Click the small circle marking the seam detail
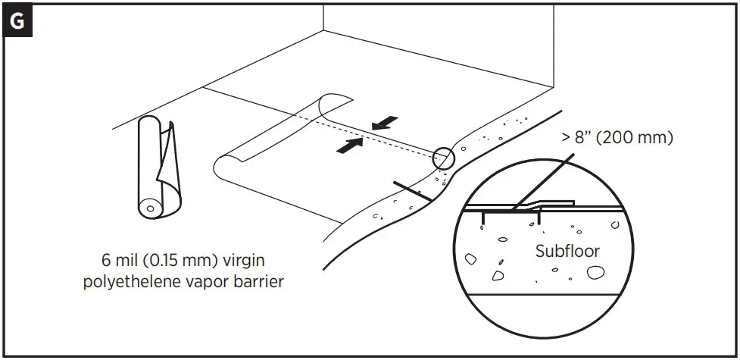pos(444,158)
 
